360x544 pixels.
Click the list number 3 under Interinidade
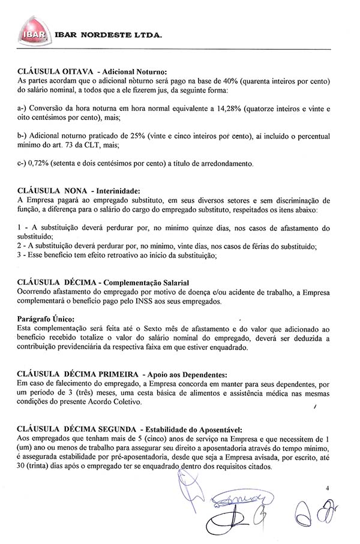click(20, 255)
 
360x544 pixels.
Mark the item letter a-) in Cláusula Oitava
click(23, 109)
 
